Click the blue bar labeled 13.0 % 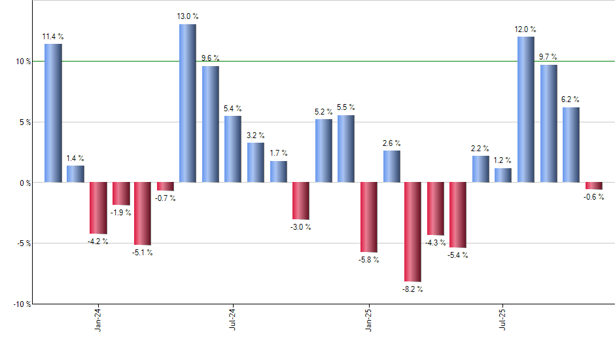coord(188,103)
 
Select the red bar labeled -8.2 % coord(413,232)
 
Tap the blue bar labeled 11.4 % coord(53,113)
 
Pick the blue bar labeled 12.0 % coord(525,109)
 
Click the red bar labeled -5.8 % coord(368,217)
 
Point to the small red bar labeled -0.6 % coord(593,186)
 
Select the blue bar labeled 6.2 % coord(571,145)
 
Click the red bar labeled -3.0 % coord(300,201)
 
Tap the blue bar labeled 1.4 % coord(75,174)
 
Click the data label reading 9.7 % coord(548,58)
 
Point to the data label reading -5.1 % coord(143,253)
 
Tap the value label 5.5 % coord(346,107)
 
